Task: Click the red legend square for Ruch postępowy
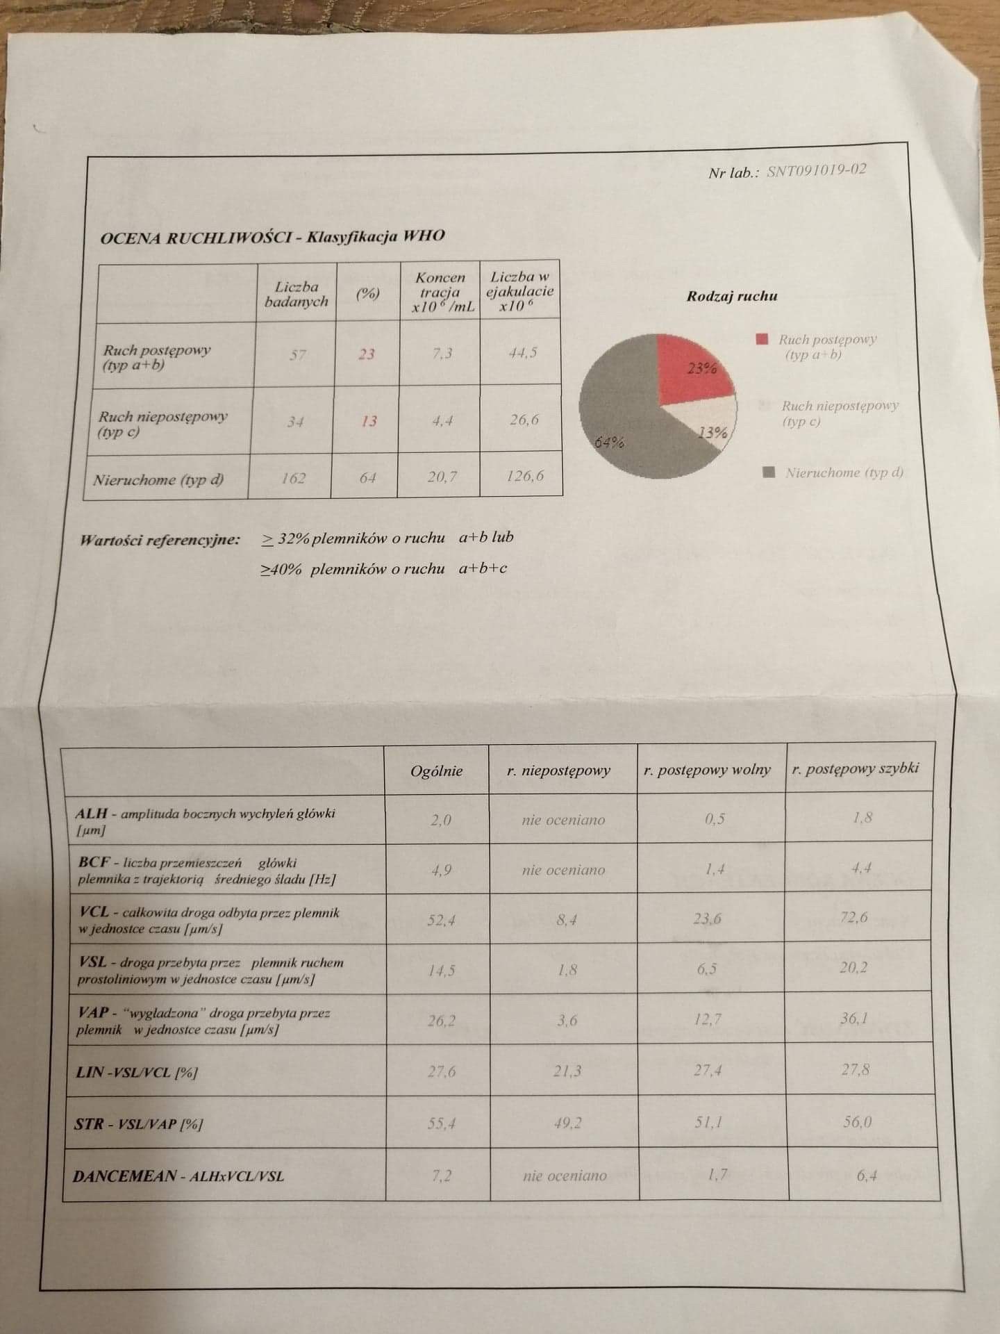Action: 762,339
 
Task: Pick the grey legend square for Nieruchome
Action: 768,472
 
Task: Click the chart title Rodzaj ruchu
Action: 732,296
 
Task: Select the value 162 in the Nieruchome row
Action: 293,478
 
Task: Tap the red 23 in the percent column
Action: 367,354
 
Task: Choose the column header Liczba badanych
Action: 297,294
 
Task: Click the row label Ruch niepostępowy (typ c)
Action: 162,424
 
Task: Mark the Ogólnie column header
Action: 436,771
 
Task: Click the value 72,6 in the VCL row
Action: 853,917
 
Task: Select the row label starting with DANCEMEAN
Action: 178,1176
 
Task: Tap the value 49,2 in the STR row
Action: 567,1123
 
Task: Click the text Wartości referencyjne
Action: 160,541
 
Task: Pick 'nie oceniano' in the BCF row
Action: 563,870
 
